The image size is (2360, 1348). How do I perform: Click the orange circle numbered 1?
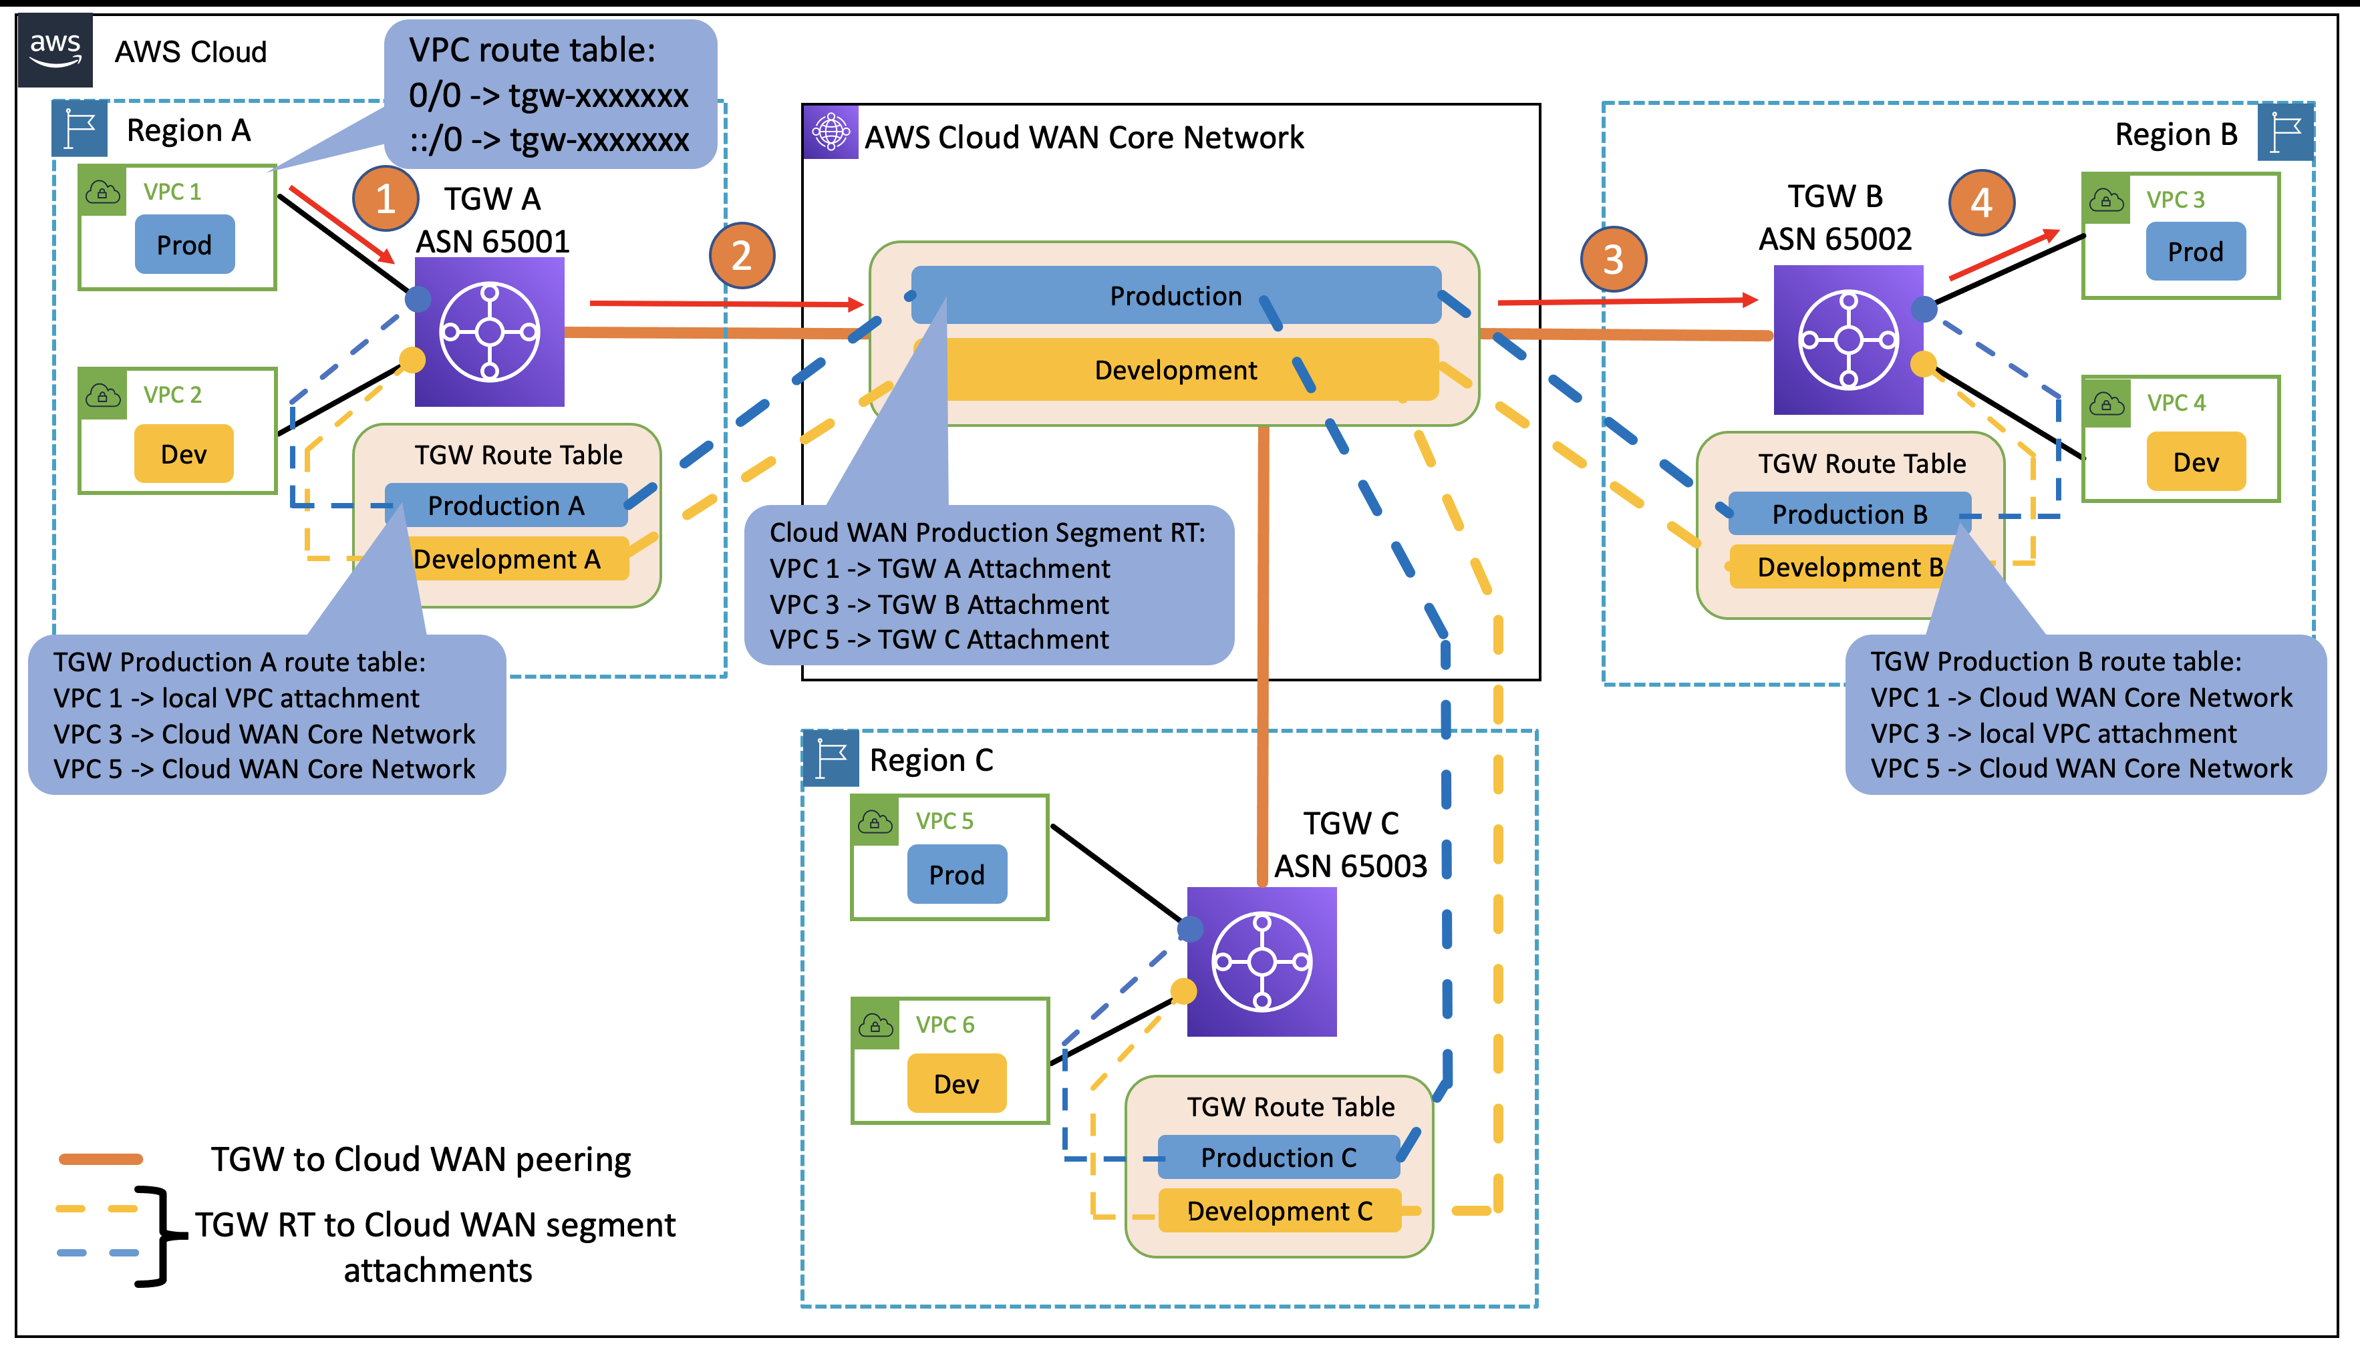click(385, 199)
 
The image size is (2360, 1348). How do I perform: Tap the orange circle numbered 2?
click(742, 256)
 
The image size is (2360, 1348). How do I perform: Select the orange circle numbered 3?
click(1613, 259)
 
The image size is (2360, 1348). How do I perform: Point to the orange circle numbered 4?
click(1980, 202)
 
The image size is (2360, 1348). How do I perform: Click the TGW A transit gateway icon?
click(489, 331)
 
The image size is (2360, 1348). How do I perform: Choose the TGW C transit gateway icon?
click(1261, 961)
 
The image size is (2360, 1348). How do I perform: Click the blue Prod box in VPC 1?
click(184, 244)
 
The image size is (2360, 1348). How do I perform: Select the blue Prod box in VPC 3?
click(2194, 251)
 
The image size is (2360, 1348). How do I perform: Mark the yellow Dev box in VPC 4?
click(2195, 461)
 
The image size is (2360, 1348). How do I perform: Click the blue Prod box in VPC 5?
click(956, 874)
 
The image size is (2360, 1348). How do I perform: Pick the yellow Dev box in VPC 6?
click(955, 1083)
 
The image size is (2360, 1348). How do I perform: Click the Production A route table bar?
click(506, 506)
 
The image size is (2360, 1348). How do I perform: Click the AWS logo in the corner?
click(55, 50)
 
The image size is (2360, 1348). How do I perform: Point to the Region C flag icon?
click(831, 758)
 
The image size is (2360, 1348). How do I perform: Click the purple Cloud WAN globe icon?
click(831, 132)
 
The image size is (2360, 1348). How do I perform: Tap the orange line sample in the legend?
click(100, 1158)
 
